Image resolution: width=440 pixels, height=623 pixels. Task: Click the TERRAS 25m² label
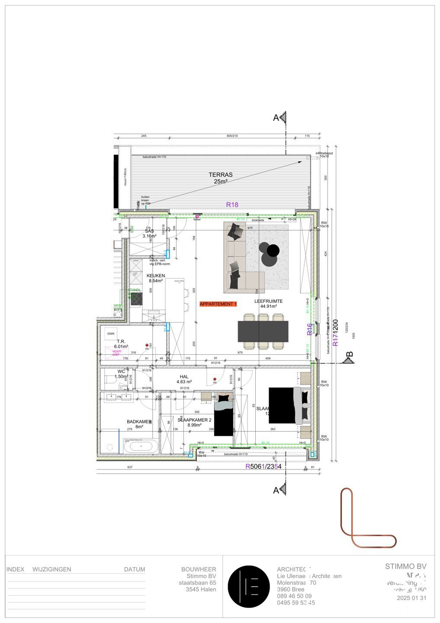[x=220, y=178]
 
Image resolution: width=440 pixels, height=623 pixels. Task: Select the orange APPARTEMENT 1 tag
[x=218, y=304]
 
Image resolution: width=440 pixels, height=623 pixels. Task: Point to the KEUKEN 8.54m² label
[x=156, y=278]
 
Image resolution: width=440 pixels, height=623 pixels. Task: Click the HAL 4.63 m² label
[x=184, y=379]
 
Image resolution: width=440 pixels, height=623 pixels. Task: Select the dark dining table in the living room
[x=263, y=331]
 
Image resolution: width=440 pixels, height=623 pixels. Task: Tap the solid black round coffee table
[x=273, y=250]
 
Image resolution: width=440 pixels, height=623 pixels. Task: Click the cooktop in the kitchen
[x=136, y=299]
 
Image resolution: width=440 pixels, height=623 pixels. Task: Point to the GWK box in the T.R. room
[x=111, y=334]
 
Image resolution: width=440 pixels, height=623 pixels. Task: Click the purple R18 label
[x=232, y=205]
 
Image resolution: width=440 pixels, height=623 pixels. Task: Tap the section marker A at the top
[x=280, y=118]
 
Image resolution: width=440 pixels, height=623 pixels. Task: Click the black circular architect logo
[x=249, y=587]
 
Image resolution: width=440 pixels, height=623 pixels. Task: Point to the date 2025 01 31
[x=411, y=598]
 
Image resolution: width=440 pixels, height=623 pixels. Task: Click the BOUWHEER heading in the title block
[x=199, y=569]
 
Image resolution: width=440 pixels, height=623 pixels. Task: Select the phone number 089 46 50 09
[x=294, y=596]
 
